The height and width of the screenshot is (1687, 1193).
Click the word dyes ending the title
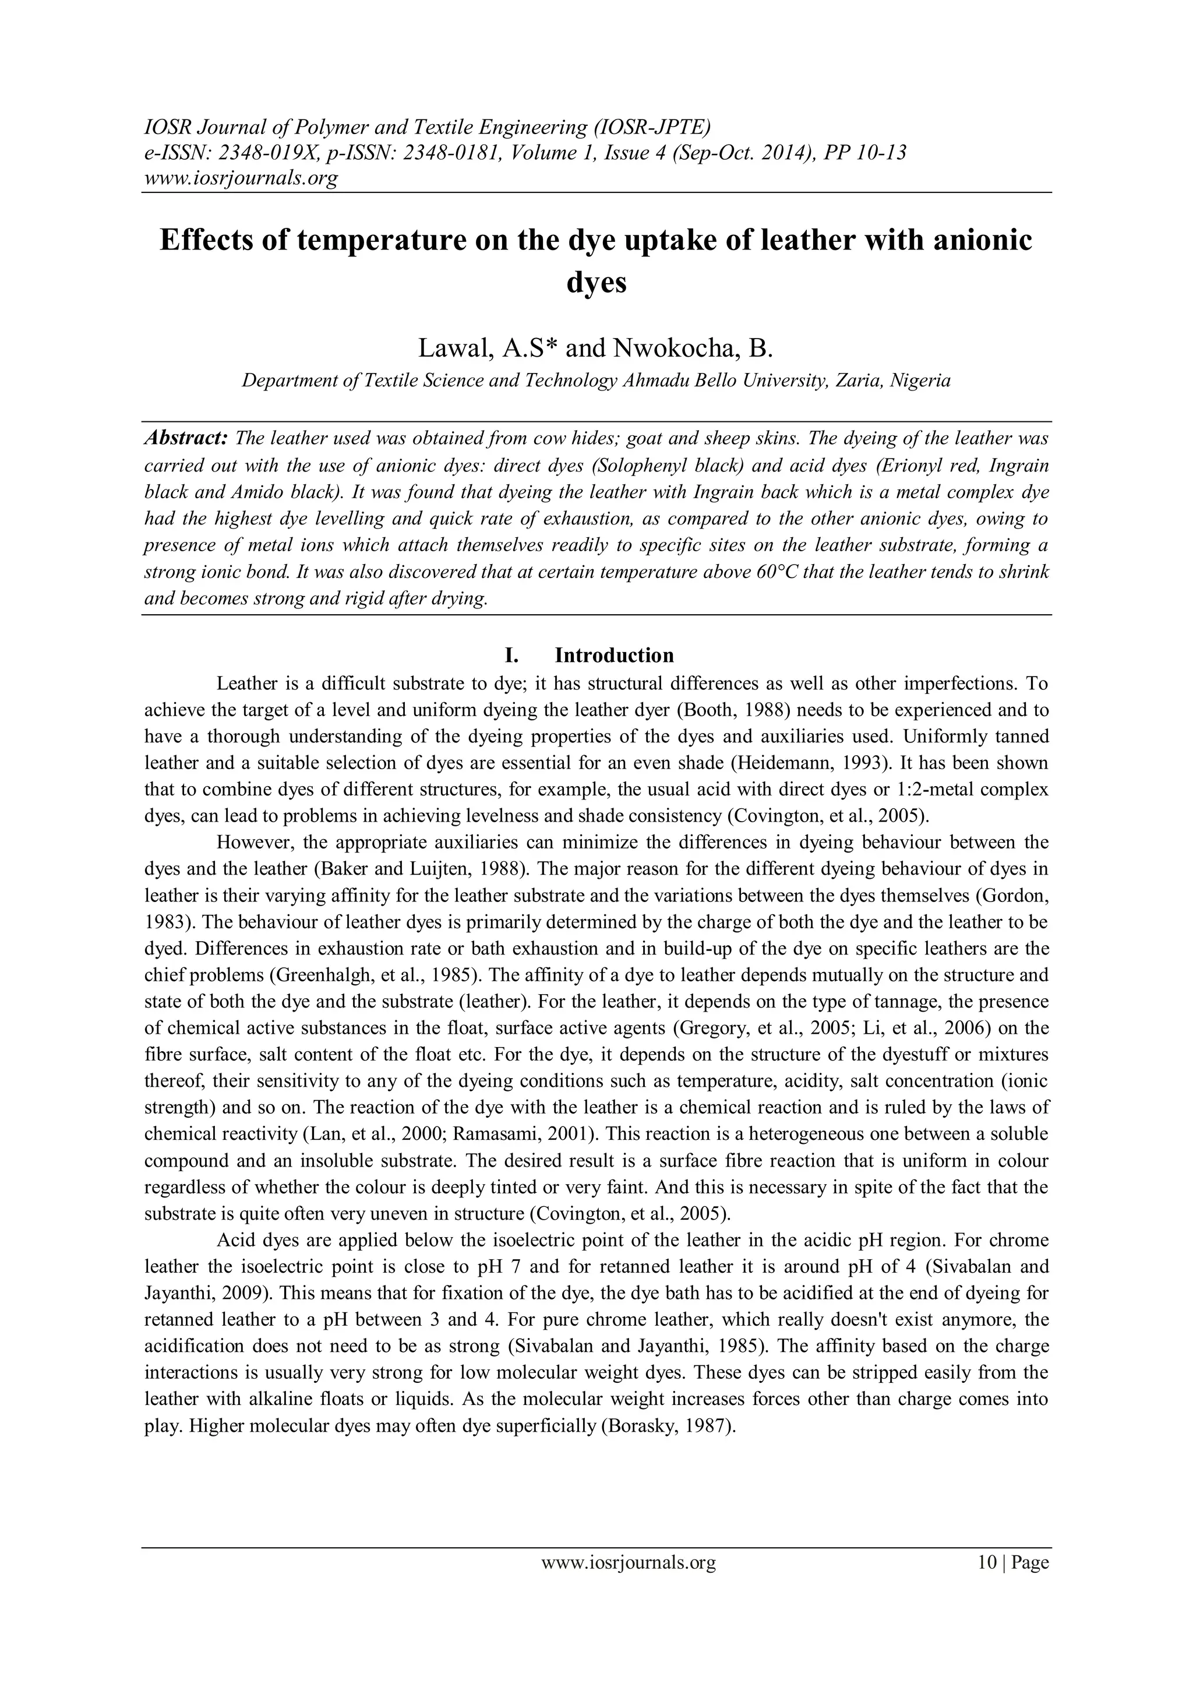point(596,281)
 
